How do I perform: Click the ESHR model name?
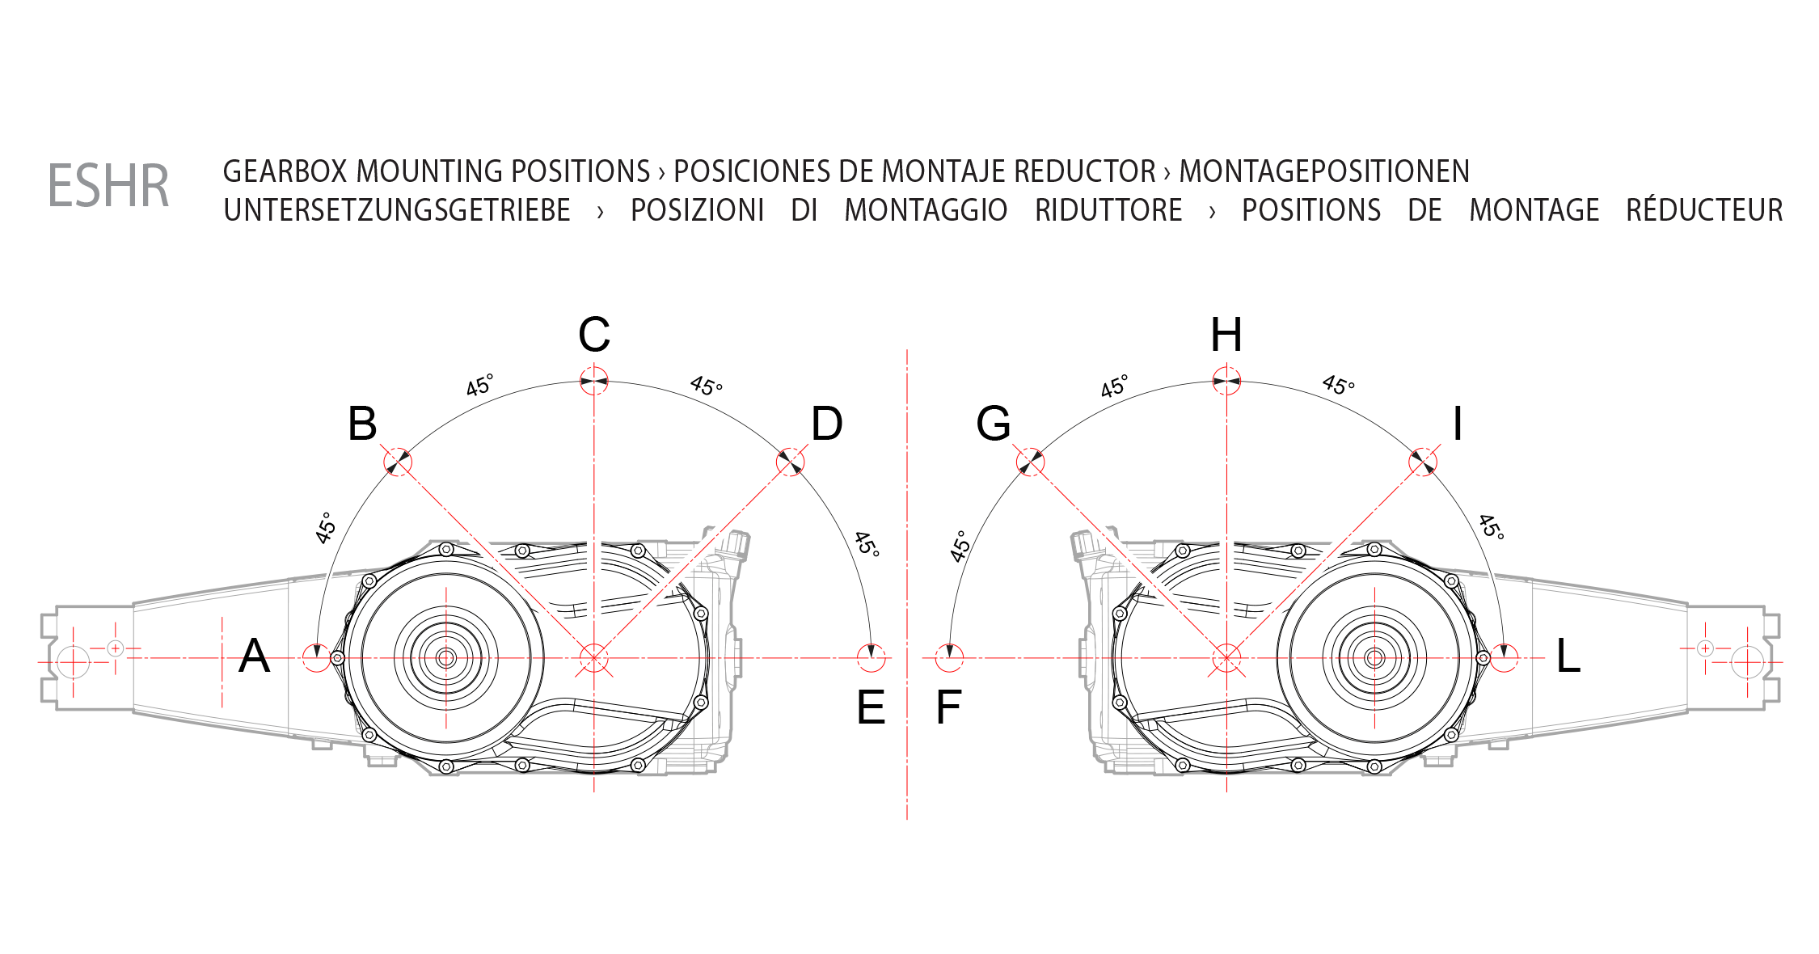coord(108,186)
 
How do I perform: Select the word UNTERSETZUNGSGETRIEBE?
coord(397,210)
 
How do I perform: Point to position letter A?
coord(254,656)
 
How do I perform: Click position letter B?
coord(362,424)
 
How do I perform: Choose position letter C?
coord(594,335)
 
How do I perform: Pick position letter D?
coord(827,424)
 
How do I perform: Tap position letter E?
coord(871,708)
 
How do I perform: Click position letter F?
coord(947,708)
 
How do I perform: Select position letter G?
coord(994,424)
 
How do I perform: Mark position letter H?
coord(1226,335)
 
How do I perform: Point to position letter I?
coord(1458,424)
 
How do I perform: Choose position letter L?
coord(1568,656)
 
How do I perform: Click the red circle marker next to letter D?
coord(791,462)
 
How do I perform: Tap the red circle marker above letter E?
coord(871,658)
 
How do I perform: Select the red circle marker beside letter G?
coord(1030,462)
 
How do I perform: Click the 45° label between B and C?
coord(479,385)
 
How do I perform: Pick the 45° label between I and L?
coord(1492,527)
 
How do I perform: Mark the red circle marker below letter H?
coord(1226,382)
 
